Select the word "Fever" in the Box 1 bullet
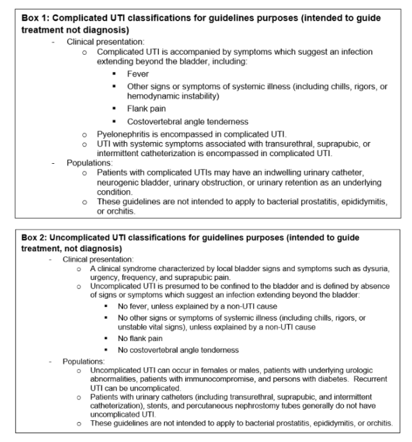click(x=138, y=74)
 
